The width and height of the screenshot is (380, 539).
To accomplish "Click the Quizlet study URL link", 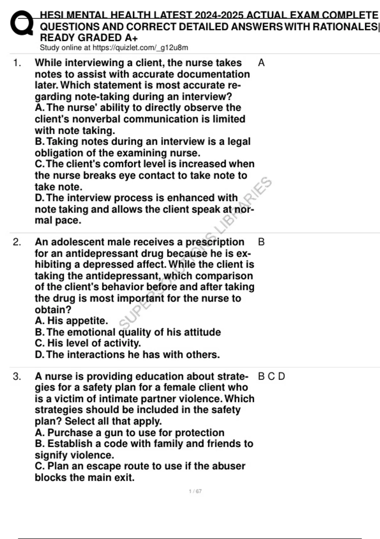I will pyautogui.click(x=140, y=48).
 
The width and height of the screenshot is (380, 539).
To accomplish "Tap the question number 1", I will pyautogui.click(x=17, y=63).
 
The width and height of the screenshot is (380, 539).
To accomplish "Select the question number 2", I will pyautogui.click(x=17, y=242).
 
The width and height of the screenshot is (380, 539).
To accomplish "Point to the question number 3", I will pyautogui.click(x=17, y=376).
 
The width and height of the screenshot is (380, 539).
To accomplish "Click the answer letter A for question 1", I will pyautogui.click(x=261, y=63).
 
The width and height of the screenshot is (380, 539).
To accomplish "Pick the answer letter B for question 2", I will pyautogui.click(x=261, y=242).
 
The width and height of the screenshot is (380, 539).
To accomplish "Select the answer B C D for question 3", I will pyautogui.click(x=271, y=376).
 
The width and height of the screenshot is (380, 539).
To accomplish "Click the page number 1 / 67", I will pyautogui.click(x=195, y=491).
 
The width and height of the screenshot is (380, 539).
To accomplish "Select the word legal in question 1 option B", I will pyautogui.click(x=239, y=141).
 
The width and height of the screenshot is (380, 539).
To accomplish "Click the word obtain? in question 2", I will pyautogui.click(x=53, y=310).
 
